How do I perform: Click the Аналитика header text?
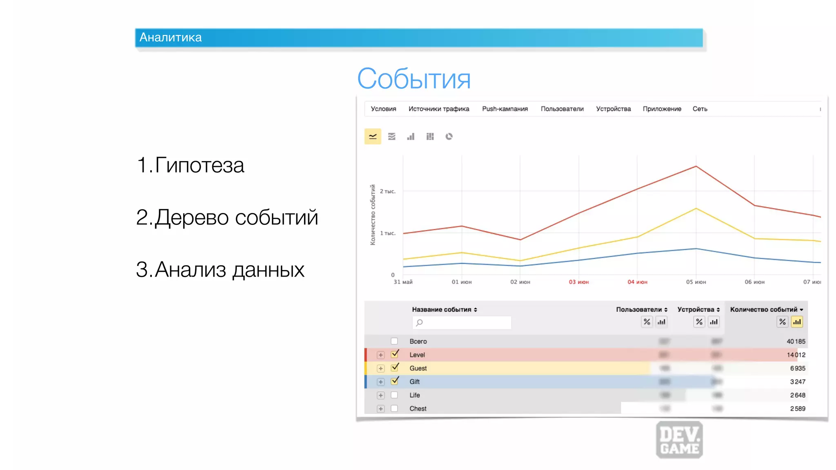[171, 38]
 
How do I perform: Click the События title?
[414, 79]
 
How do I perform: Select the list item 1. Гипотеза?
[190, 165]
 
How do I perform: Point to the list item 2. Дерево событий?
[227, 217]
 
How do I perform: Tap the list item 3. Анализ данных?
[220, 270]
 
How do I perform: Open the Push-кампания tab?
[505, 109]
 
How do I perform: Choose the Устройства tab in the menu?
[613, 109]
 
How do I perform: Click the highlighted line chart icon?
[373, 137]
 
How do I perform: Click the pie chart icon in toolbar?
[449, 137]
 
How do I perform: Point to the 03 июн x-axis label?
[578, 282]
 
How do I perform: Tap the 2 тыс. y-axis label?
[387, 191]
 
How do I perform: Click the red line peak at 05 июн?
[696, 166]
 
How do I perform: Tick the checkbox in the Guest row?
[394, 368]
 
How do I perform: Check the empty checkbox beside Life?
[394, 395]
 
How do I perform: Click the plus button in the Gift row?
[380, 382]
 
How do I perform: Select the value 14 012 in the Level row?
[796, 355]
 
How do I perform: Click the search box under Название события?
[462, 322]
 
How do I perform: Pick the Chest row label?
[418, 408]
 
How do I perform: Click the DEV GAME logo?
[679, 440]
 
